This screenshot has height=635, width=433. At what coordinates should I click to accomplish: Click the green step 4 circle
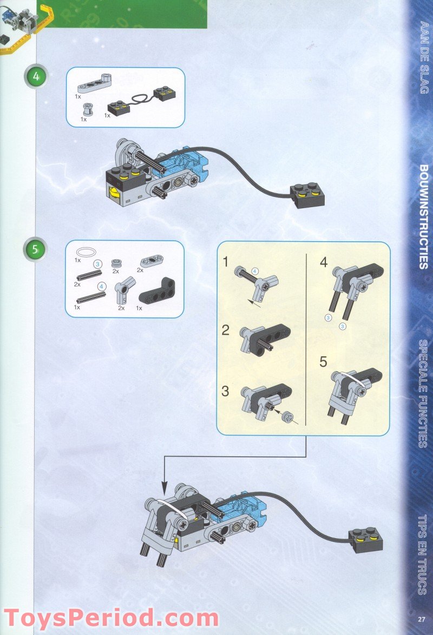pyautogui.click(x=36, y=76)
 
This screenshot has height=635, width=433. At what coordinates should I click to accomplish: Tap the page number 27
pyautogui.click(x=422, y=619)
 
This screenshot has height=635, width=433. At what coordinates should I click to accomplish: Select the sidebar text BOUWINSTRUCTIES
pyautogui.click(x=424, y=216)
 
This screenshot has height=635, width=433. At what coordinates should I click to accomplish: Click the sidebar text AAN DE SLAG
pyautogui.click(x=424, y=57)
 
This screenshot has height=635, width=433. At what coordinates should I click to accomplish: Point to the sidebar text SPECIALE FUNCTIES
pyautogui.click(x=424, y=393)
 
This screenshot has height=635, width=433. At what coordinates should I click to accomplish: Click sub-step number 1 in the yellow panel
pyautogui.click(x=226, y=263)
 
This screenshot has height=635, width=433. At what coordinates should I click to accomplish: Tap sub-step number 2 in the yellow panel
pyautogui.click(x=226, y=330)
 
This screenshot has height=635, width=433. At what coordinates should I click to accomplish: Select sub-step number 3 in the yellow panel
pyautogui.click(x=226, y=391)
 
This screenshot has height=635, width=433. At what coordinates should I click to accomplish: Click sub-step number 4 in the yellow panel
pyautogui.click(x=324, y=263)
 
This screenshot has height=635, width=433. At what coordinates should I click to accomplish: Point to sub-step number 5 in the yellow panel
pyautogui.click(x=324, y=362)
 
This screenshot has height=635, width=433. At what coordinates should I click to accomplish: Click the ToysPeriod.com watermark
pyautogui.click(x=111, y=618)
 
